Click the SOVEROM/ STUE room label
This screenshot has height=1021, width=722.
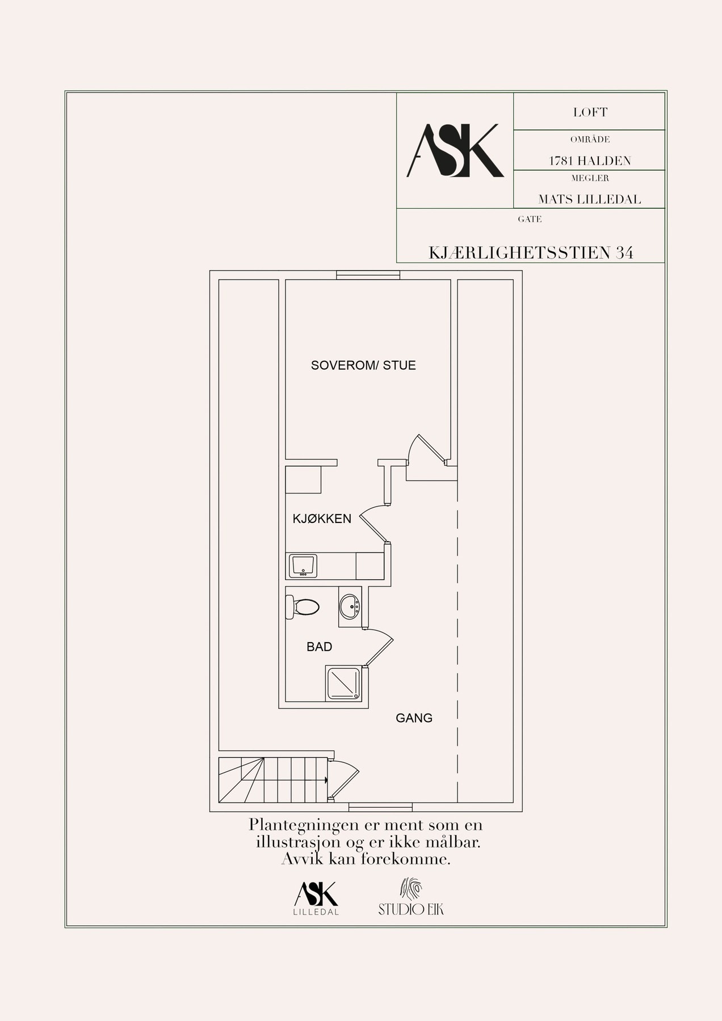coord(363,365)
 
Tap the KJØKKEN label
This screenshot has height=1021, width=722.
coord(322,518)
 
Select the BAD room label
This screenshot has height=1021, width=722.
coord(319,647)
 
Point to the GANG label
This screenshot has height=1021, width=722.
coord(414,718)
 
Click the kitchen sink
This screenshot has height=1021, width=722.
coord(303,566)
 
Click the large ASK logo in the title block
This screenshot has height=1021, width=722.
coord(455,150)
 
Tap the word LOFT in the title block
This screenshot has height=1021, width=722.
coord(590,112)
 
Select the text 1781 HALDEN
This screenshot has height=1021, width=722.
coord(590,161)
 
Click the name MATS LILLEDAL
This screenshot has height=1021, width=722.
coord(590,199)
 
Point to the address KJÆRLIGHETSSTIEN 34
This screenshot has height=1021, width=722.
coord(531,252)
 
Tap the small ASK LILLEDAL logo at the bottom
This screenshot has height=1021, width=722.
coord(316,898)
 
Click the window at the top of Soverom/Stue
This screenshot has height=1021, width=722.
coord(368,275)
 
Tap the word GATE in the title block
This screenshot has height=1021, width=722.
coord(530,219)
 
